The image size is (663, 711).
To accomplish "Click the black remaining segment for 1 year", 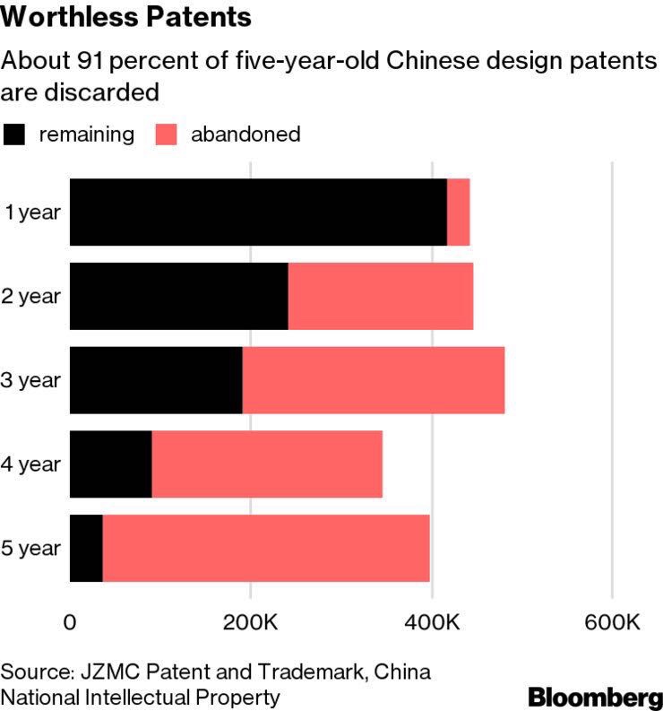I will click(x=258, y=212).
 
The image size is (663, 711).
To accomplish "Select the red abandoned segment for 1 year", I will click(x=458, y=212).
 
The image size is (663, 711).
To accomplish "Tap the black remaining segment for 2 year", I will click(x=179, y=296).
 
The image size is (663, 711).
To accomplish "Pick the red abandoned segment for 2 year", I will click(x=380, y=296).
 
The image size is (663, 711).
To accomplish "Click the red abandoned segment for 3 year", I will click(x=373, y=380).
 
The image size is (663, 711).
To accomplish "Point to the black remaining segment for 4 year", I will click(x=111, y=464).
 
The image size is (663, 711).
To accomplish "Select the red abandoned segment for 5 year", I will click(x=266, y=548).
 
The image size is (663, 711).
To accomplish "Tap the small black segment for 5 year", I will click(x=87, y=548).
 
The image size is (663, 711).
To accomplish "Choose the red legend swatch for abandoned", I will click(x=168, y=134).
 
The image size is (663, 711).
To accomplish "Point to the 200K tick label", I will click(x=250, y=622).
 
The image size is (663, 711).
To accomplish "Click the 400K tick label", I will click(x=432, y=622).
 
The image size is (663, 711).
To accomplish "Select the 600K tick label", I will click(x=612, y=622).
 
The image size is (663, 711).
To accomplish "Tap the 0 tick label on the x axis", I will click(x=70, y=622).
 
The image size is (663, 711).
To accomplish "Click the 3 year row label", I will click(x=31, y=380).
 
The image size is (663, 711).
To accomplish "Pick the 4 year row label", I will click(x=31, y=464).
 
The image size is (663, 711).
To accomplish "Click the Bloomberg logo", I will click(x=595, y=696).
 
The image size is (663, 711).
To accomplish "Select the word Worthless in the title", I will click(x=64, y=17).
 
